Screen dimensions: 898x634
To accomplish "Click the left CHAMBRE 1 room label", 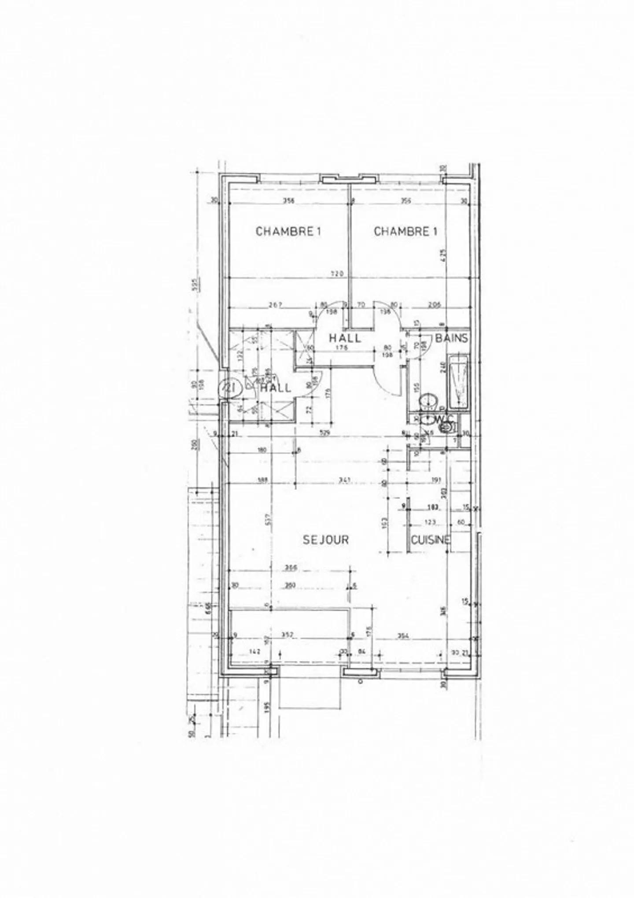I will click(x=288, y=231).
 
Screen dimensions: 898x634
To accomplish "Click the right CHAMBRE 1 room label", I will click(x=405, y=231).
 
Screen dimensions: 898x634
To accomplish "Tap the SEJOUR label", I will click(x=326, y=540).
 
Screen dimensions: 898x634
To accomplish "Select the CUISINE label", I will click(x=431, y=540).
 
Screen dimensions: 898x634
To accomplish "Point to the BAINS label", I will click(x=451, y=339).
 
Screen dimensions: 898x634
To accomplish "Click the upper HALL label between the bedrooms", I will click(x=346, y=338).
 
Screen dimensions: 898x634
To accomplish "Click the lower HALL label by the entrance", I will click(x=276, y=388).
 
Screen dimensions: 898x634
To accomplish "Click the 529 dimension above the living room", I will click(x=325, y=433).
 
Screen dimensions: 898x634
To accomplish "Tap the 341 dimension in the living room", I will click(x=344, y=480).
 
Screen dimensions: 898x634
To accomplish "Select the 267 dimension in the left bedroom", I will click(x=274, y=304).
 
